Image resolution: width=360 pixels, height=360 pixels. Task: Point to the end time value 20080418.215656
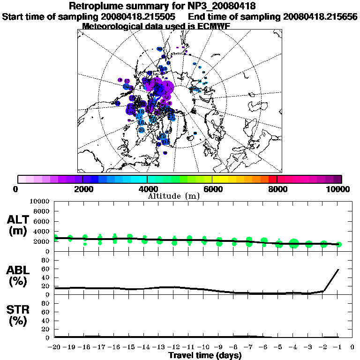click(320, 16)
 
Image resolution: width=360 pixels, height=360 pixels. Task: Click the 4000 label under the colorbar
click(147, 189)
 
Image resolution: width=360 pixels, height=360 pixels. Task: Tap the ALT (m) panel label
click(18, 225)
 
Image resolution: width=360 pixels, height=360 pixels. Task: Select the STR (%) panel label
click(18, 315)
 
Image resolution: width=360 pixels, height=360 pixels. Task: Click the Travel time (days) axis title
click(205, 356)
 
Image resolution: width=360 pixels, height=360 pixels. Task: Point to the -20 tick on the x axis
click(55, 347)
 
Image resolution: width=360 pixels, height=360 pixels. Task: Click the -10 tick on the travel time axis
click(204, 347)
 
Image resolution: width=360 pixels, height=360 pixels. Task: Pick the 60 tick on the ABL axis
click(46, 269)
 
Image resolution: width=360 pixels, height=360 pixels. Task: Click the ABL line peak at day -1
click(338, 270)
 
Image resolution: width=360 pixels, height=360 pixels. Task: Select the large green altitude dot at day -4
click(294, 243)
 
